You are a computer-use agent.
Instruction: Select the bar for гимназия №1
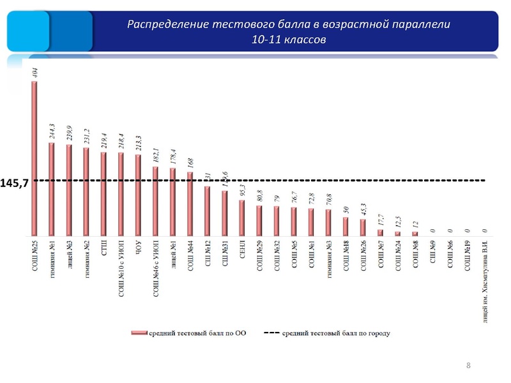pyautogui.click(x=52, y=188)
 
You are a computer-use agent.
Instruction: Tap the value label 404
pyautogui.click(x=34, y=71)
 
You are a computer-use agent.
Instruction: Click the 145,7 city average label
pyautogui.click(x=16, y=183)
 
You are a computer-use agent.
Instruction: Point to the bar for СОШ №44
pyautogui.click(x=190, y=203)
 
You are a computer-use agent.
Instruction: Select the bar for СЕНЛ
pyautogui.click(x=241, y=217)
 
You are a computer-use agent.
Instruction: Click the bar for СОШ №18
pyautogui.click(x=345, y=226)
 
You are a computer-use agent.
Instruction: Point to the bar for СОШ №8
pyautogui.click(x=414, y=233)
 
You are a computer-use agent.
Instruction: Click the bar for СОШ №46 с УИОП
pyautogui.click(x=155, y=200)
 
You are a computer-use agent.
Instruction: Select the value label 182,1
pyautogui.click(x=155, y=154)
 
